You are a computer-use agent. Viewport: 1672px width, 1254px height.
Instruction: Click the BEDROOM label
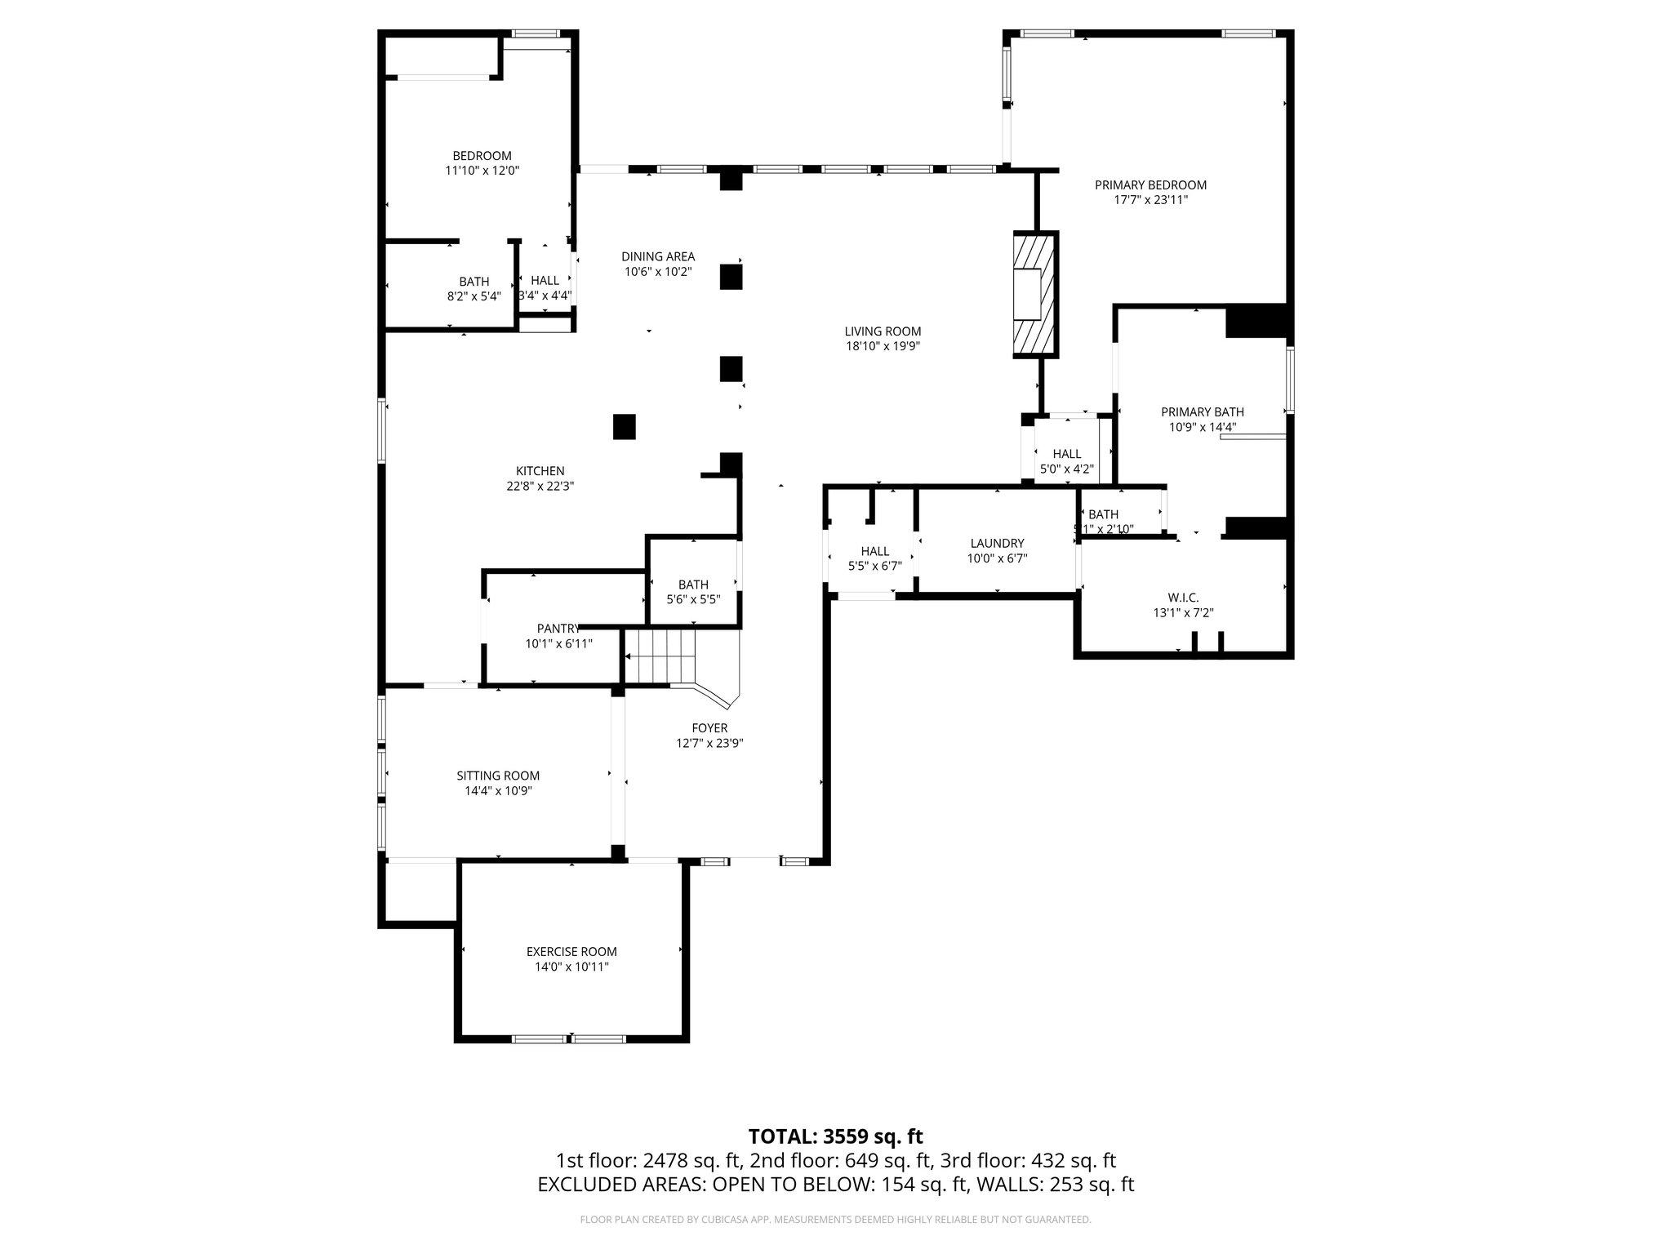tap(482, 156)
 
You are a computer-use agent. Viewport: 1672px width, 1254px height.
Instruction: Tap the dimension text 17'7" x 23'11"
tap(1150, 200)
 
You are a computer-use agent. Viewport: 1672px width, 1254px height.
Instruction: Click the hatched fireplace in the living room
tap(1034, 295)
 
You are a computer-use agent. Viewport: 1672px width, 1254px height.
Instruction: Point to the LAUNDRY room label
tap(997, 544)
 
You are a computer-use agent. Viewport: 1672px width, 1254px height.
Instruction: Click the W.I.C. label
tap(1183, 598)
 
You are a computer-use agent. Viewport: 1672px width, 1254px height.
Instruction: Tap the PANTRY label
tap(558, 629)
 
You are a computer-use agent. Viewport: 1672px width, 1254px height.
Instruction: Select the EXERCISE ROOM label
tap(571, 952)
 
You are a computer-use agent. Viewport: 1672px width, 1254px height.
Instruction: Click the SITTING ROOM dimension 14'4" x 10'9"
tap(498, 791)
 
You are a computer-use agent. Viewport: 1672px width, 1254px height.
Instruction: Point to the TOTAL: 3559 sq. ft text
tap(835, 1136)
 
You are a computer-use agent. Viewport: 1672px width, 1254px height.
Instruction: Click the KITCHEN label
tap(540, 471)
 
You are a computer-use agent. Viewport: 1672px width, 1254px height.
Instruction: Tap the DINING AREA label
tap(658, 256)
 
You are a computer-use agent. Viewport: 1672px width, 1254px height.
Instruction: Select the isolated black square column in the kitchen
tap(625, 427)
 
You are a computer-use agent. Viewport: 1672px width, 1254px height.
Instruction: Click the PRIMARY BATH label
tap(1203, 412)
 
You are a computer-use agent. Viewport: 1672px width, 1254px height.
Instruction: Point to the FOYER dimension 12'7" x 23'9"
tap(709, 744)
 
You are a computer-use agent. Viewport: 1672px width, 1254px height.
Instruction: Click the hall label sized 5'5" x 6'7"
tap(874, 551)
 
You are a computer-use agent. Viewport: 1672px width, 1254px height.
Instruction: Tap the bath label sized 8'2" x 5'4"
tap(474, 282)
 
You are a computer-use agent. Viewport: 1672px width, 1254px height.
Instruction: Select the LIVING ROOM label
tap(883, 331)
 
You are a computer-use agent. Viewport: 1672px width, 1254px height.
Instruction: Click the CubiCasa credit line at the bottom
tap(835, 1220)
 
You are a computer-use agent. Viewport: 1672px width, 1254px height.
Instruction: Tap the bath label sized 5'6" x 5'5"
tap(693, 585)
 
